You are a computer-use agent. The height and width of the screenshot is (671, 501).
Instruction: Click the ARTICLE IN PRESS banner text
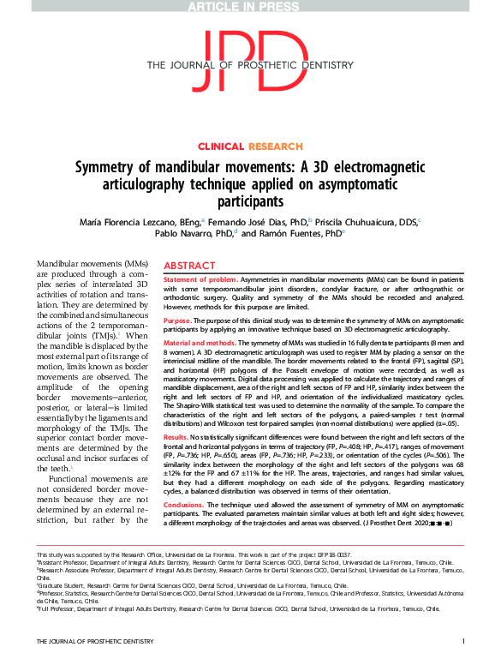pyautogui.click(x=250, y=6)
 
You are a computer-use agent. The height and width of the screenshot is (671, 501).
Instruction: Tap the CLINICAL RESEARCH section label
pyautogui.click(x=250, y=147)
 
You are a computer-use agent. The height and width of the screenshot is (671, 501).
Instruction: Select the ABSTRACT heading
pyautogui.click(x=189, y=267)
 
